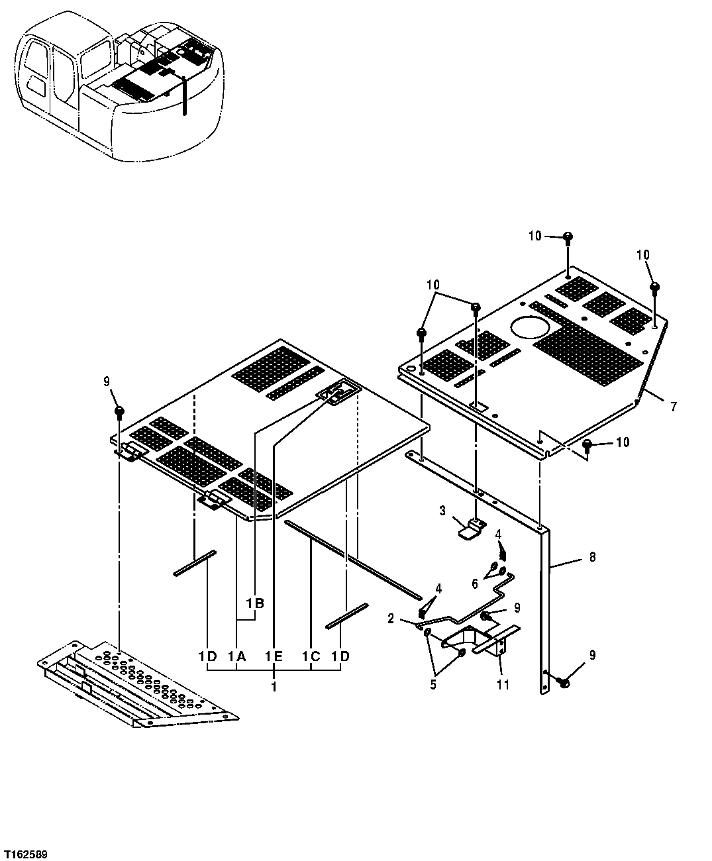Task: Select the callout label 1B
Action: [255, 603]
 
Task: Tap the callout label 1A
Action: [237, 656]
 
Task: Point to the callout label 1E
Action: [274, 656]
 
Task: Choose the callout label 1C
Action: [311, 656]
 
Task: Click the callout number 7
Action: [673, 407]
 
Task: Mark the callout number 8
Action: [592, 557]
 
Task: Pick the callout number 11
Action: [503, 685]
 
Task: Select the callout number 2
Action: [391, 619]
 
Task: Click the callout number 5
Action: [433, 685]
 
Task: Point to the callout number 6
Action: [474, 583]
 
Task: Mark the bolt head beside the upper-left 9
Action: [119, 413]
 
